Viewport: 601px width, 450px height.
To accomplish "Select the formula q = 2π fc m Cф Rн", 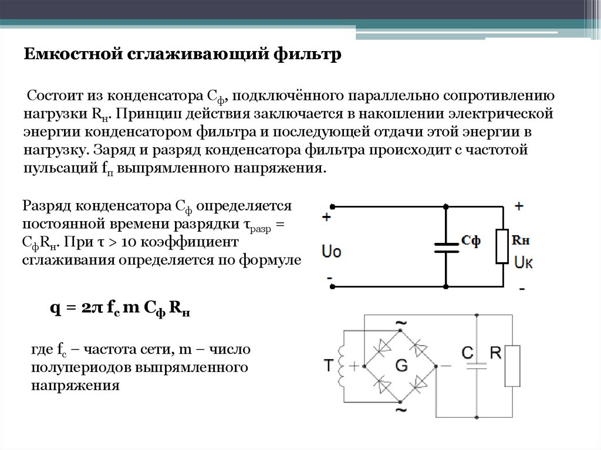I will (121, 310).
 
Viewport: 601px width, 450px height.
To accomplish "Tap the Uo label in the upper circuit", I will (332, 251).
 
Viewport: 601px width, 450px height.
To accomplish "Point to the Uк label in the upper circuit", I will (524, 262).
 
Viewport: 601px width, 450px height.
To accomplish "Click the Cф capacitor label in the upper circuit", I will (471, 241).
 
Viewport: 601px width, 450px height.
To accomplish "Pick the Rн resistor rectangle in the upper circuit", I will (502, 246).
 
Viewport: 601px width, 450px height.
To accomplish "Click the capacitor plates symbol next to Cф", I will (445, 246).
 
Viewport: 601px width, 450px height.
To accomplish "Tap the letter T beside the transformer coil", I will (329, 366).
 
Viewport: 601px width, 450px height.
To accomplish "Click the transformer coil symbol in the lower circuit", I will (342, 366).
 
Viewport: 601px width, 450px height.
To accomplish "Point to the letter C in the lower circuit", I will (468, 353).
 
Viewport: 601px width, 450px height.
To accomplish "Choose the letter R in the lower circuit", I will (496, 353).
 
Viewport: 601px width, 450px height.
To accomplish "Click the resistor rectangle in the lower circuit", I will (512, 366).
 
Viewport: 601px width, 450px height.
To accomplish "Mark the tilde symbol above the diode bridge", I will (401, 324).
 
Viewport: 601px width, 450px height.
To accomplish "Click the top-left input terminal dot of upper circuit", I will (332, 207).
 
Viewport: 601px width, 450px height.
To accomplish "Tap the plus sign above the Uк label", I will (519, 206).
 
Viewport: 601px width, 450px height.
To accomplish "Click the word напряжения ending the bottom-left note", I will (75, 386).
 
